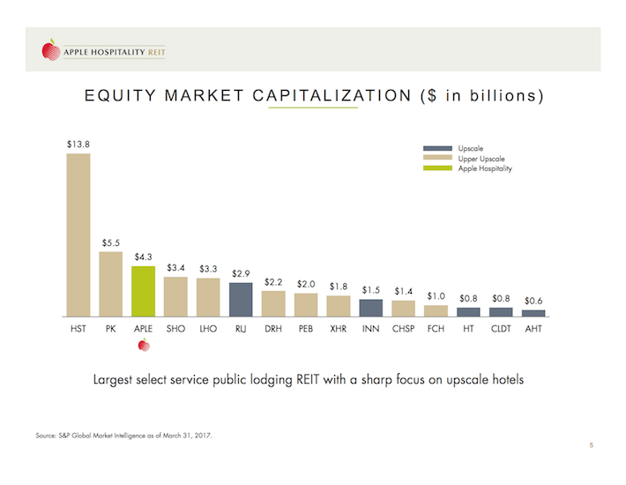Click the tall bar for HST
tap(78, 235)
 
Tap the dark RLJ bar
tap(241, 299)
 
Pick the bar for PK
tap(111, 283)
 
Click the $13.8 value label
tap(78, 143)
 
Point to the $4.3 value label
tap(144, 257)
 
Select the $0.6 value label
tap(533, 301)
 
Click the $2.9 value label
tap(241, 273)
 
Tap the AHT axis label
tap(533, 331)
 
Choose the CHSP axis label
tap(403, 331)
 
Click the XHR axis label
tap(338, 331)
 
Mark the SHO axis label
tap(175, 331)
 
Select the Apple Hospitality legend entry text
tap(485, 168)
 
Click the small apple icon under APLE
tap(143, 347)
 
